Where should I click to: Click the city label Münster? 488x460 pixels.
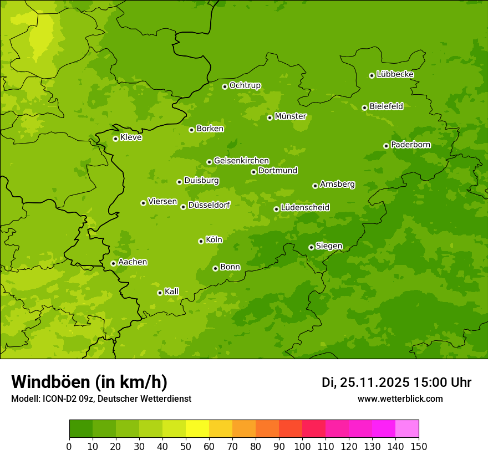pos(291,116)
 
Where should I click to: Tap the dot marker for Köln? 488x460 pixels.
pos(201,241)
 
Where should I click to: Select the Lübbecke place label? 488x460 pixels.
pos(395,74)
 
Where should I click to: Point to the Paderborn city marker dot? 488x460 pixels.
pos(386,146)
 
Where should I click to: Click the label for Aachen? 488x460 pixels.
pos(133,262)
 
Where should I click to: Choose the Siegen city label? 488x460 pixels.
pos(329,246)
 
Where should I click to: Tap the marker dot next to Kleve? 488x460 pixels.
pos(115,139)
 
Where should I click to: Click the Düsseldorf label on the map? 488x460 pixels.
pos(209,205)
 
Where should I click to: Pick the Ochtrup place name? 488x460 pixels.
pos(245,85)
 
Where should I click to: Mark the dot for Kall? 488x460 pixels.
pos(160,293)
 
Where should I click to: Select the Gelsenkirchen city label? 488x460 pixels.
pos(241,161)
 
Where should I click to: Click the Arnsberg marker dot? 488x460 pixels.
pos(315,186)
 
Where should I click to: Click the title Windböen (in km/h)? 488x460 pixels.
pos(89,382)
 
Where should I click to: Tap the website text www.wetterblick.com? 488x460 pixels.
pos(400,398)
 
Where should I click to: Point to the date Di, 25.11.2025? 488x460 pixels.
pos(365,382)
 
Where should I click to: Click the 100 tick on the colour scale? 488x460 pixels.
pos(302,446)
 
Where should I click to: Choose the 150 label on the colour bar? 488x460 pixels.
pos(419,446)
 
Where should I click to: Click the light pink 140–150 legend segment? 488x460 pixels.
pos(407,429)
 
